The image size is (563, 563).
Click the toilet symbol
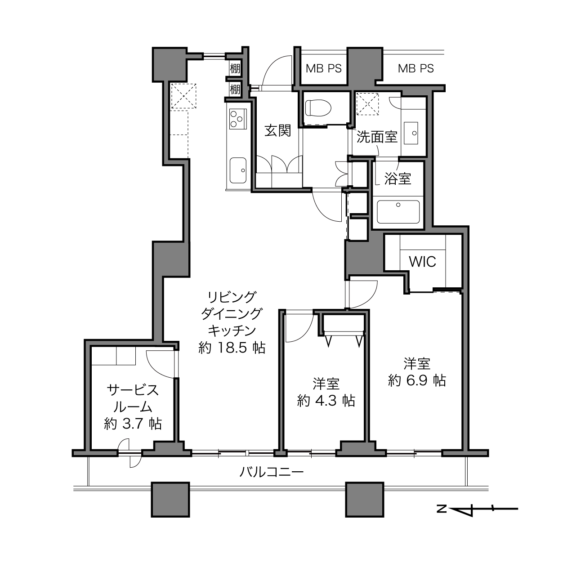point(318,108)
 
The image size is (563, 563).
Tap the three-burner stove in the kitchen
point(238,119)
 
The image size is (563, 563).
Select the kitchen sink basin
point(238,170)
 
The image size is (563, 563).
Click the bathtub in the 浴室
point(398,211)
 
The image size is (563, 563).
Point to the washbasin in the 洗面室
point(411,133)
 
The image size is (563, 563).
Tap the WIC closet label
point(422,261)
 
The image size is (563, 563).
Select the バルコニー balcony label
point(272,472)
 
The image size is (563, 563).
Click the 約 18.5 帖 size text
point(232,348)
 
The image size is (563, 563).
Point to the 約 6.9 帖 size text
point(416,380)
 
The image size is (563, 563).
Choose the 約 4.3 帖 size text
point(326,401)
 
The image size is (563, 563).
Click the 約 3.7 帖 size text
point(133,424)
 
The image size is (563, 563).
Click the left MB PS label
point(323,68)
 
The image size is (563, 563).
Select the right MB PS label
point(416,68)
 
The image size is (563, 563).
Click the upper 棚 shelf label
point(235,69)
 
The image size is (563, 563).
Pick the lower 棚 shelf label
point(235,89)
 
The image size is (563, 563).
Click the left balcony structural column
point(170,500)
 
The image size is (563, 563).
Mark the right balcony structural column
point(365,500)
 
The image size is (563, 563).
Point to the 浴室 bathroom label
point(398,179)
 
